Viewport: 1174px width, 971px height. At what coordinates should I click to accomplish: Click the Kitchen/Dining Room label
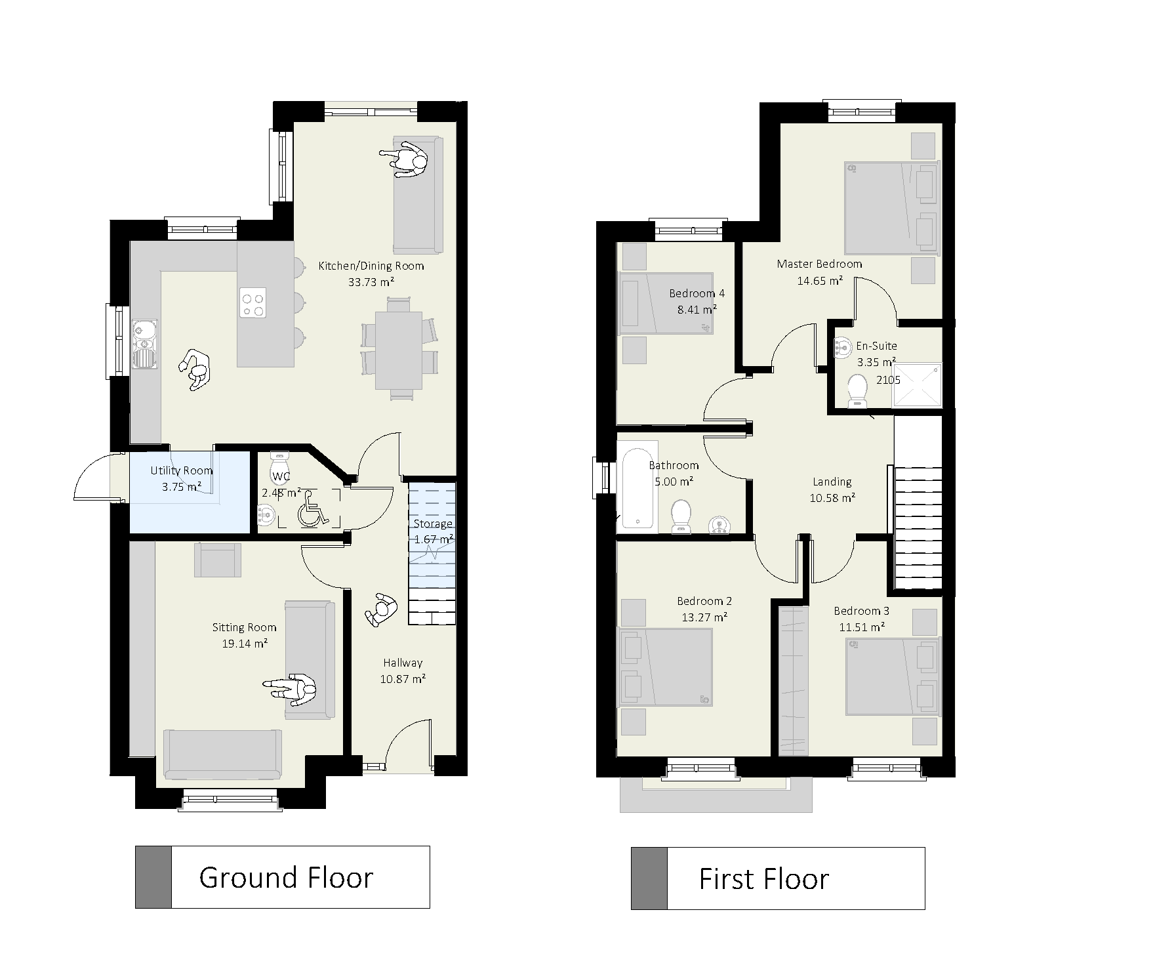371,266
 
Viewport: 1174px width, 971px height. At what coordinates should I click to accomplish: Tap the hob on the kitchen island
253,303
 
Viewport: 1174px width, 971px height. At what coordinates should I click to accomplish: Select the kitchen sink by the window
143,344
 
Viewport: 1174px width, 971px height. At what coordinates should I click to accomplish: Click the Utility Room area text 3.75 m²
182,487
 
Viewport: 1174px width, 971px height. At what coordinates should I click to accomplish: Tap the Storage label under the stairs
433,524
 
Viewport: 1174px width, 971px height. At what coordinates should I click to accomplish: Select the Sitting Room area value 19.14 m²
244,644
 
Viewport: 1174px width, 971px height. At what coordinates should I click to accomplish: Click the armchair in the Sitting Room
218,560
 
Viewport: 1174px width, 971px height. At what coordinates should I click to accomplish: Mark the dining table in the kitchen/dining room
398,350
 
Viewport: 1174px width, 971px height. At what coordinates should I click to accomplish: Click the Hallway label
403,663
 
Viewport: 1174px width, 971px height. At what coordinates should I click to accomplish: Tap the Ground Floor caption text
286,877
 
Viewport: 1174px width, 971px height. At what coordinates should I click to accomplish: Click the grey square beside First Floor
649,878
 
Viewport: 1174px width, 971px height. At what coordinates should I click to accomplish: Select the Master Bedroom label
819,264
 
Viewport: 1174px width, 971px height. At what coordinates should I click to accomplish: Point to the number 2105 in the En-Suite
889,380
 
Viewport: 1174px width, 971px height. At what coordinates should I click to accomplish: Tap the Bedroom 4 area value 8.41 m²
697,309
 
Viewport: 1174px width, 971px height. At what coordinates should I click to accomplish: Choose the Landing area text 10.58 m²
832,498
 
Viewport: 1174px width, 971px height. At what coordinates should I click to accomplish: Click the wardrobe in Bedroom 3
794,680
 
